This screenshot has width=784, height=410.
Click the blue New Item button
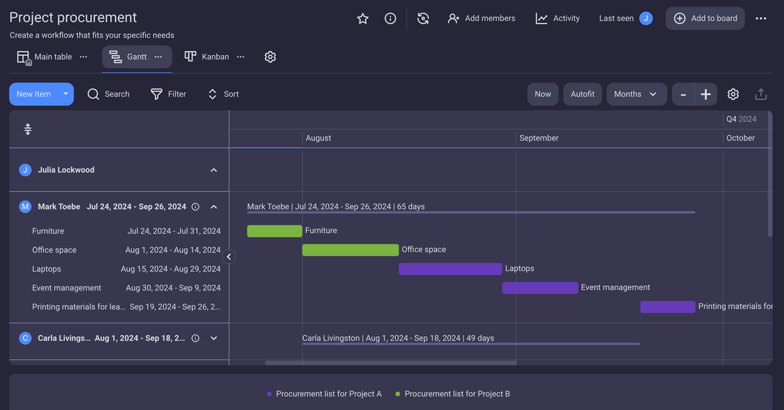pyautogui.click(x=34, y=94)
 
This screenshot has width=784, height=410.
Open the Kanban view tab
pyautogui.click(x=208, y=57)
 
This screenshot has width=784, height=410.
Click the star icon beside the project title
pyautogui.click(x=363, y=18)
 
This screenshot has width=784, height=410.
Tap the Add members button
pyautogui.click(x=482, y=18)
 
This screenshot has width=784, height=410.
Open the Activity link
pyautogui.click(x=557, y=18)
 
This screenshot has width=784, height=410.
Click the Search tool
pyautogui.click(x=108, y=94)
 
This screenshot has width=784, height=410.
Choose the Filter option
pyautogui.click(x=169, y=94)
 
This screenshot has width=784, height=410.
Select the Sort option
pyautogui.click(x=223, y=94)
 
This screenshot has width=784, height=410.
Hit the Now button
pyautogui.click(x=543, y=94)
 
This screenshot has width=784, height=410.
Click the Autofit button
pyautogui.click(x=582, y=94)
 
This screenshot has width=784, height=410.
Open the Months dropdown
pyautogui.click(x=636, y=94)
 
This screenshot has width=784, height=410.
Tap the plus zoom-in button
pyautogui.click(x=706, y=94)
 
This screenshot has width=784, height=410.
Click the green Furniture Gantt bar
pyautogui.click(x=274, y=230)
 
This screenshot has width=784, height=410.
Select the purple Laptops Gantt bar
pyautogui.click(x=450, y=268)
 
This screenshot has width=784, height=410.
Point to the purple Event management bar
pyautogui.click(x=540, y=287)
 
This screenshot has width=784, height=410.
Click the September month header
pyautogui.click(x=539, y=138)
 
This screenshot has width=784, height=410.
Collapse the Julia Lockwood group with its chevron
pyautogui.click(x=214, y=170)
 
